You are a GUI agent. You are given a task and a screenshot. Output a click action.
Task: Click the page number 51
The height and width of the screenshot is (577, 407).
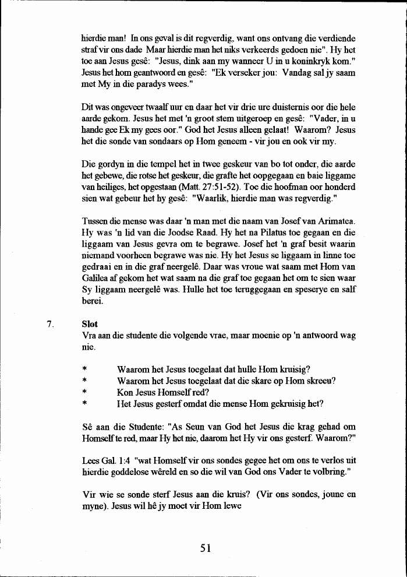click(203, 547)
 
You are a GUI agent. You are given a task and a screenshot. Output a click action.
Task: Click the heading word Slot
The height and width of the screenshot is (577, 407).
click(90, 324)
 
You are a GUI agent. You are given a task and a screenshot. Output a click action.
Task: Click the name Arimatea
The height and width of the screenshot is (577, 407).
click(334, 222)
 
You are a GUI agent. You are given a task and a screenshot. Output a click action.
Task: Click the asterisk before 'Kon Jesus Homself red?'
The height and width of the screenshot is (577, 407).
click(85, 393)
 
